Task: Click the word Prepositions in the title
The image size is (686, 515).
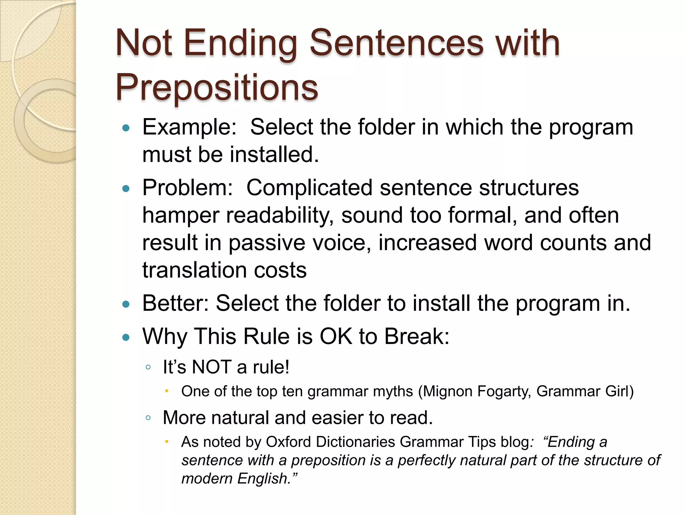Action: tap(217, 88)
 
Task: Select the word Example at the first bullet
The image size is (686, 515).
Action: tap(190, 127)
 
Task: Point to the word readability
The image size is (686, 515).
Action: tap(280, 215)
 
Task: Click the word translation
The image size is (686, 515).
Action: tap(195, 270)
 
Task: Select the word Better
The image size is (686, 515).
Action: tap(176, 303)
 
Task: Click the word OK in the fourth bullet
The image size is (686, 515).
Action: tap(336, 336)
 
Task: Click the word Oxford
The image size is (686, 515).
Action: tap(288, 442)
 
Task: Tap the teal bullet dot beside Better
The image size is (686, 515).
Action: tap(126, 304)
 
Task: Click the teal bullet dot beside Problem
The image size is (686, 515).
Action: tap(126, 189)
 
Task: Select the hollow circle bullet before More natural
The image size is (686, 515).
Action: tap(148, 418)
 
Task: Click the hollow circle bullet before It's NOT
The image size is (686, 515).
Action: tap(148, 367)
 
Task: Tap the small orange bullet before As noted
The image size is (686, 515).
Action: tap(167, 442)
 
